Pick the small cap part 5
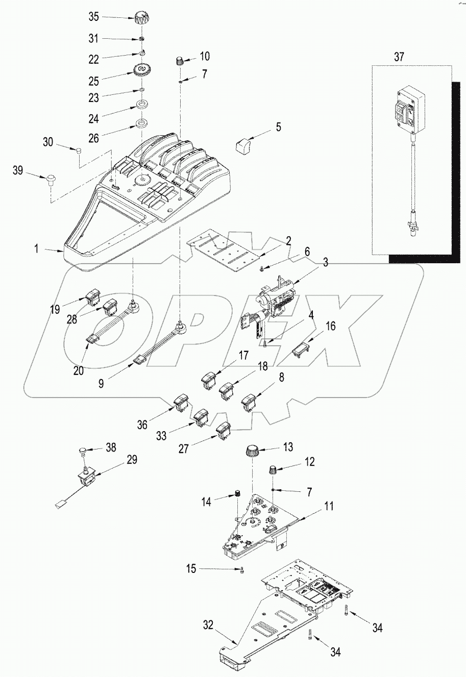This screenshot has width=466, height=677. tap(242, 145)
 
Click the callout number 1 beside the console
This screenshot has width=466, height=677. tap(36, 249)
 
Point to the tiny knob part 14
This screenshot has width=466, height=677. tap(237, 494)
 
